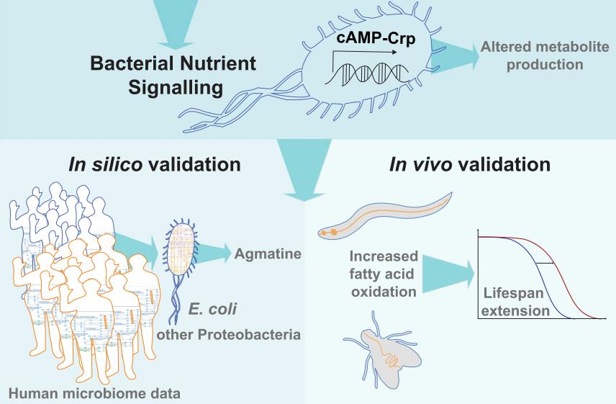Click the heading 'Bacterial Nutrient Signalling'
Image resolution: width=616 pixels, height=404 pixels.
point(173,75)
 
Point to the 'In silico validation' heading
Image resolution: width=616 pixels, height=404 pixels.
point(154,164)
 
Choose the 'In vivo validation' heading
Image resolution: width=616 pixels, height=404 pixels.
point(469,164)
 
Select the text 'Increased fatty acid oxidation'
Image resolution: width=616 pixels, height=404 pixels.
point(383,274)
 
